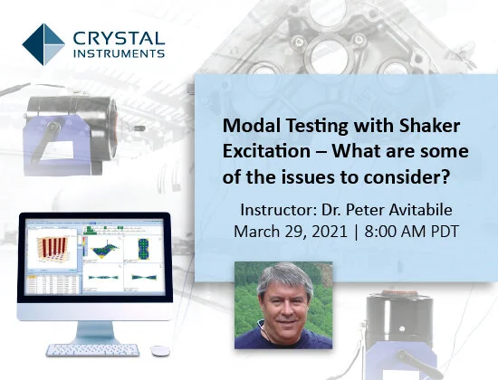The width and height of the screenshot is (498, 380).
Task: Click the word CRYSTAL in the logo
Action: [117, 36]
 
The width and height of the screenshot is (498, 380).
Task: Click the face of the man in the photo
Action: [283, 298]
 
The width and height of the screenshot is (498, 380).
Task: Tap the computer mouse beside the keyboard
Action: [159, 349]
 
